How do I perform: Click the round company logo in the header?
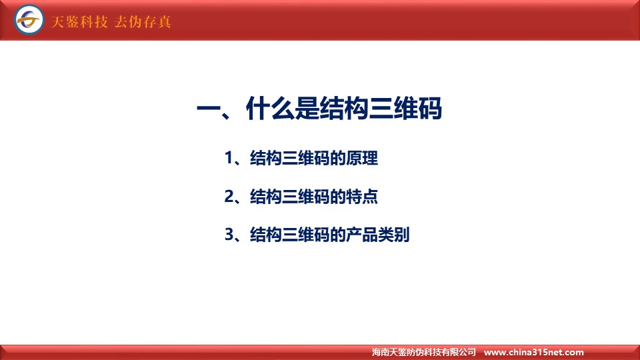coord(29,19)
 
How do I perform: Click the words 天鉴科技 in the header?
coord(79,21)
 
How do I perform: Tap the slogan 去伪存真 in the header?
coord(143,21)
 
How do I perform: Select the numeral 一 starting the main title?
coord(209,109)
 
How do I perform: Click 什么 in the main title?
coord(270,109)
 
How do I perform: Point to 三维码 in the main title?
coord(405,109)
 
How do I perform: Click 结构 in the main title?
coord(344,109)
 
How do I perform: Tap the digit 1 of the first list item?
coord(229,158)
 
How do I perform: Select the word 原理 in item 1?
coord(362,158)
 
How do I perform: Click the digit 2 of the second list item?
coord(229,196)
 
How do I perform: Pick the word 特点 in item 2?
coord(362,196)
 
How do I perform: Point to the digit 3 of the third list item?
coord(229,235)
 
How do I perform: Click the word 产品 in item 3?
coord(362,235)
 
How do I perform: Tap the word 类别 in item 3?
coord(394,235)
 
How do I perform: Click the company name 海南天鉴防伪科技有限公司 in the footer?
coord(424,352)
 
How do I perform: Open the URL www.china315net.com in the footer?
coord(534,352)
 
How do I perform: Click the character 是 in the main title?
coord(307,109)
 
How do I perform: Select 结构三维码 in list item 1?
coord(290,158)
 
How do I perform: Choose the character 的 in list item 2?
coord(338,196)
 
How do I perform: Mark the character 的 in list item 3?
coord(338,235)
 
